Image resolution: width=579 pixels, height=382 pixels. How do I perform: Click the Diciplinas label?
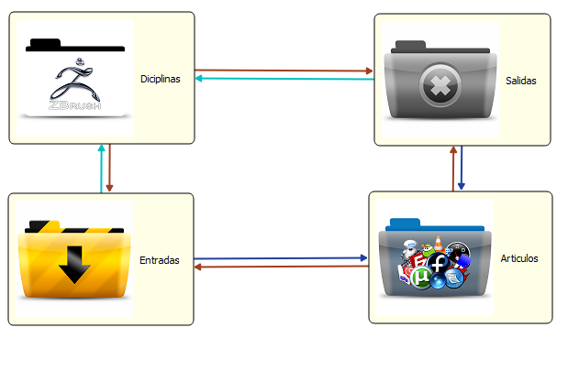point(161,79)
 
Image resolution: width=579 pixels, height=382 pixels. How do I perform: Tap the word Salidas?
point(520,81)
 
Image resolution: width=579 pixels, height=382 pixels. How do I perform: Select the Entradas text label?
point(159,260)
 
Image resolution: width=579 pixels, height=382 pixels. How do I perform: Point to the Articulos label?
point(520,258)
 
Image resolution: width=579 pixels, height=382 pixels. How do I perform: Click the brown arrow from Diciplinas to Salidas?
point(284,70)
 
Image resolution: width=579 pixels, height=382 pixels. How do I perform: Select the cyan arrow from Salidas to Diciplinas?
point(284,79)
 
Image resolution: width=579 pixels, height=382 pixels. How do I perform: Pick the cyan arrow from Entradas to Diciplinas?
point(101,169)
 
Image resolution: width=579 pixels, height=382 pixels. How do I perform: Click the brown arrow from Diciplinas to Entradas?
point(110,169)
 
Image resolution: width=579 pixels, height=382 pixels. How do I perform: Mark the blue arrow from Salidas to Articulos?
point(462,169)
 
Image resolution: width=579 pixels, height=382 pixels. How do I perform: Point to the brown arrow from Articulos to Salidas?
point(452,169)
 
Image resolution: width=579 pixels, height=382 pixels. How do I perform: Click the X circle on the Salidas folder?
point(438,88)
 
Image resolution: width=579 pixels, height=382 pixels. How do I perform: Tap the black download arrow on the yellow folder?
point(74,266)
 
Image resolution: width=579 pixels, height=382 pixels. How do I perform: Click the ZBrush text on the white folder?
point(74,104)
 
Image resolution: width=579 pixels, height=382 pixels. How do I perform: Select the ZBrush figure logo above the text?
point(75,79)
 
